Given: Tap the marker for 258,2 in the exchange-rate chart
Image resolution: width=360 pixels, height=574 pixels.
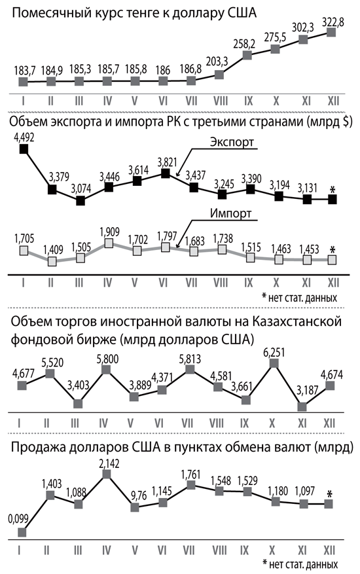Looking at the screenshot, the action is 247,55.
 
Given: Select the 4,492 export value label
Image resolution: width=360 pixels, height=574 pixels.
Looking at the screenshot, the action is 24,137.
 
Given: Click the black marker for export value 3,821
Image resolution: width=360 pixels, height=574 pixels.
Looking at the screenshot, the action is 166,173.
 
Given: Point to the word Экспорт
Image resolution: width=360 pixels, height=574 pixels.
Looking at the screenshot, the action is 232,142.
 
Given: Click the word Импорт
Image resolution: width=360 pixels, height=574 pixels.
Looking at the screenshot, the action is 230,213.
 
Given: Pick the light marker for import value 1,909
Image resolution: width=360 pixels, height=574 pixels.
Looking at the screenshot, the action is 109,243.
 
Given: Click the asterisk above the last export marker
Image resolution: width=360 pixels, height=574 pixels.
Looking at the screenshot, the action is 333,190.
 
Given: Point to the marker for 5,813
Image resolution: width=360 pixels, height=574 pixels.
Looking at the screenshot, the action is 190,369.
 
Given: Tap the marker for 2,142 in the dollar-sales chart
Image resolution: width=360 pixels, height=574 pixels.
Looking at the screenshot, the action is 107,475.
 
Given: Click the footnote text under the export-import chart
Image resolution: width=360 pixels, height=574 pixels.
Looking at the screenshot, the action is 300,297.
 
